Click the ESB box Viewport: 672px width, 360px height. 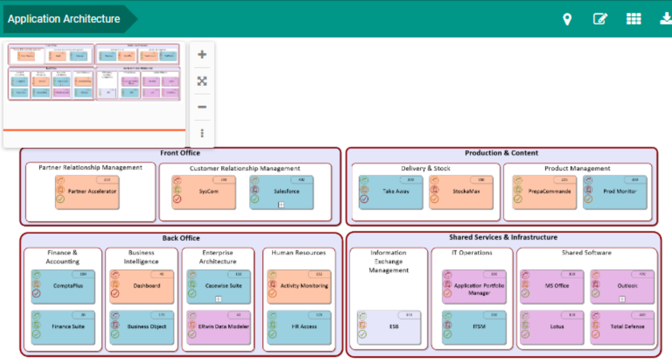tap(389, 327)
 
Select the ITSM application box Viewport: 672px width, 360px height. tap(474, 327)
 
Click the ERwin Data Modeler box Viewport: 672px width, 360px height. tap(219, 327)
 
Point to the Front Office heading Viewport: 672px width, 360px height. tap(180, 153)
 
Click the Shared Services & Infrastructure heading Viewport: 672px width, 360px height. tap(503, 237)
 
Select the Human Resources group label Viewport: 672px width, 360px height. tap(298, 253)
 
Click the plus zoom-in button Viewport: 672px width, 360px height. tap(202, 54)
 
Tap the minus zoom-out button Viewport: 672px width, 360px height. tap(202, 107)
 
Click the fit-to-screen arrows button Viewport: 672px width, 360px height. tap(202, 81)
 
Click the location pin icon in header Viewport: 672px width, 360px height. tap(567, 19)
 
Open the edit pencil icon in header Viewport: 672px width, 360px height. tap(600, 19)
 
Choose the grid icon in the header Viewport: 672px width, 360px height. tap(633, 19)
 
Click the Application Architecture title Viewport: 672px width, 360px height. tap(64, 19)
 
